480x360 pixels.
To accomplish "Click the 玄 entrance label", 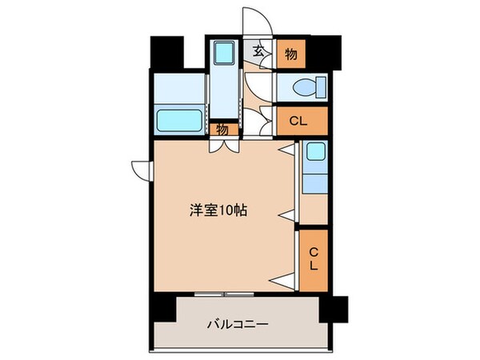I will (x=258, y=51).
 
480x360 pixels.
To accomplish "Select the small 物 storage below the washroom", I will (x=222, y=129).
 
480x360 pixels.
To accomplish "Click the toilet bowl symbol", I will (x=305, y=87).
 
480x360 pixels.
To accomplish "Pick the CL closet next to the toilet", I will (x=302, y=122).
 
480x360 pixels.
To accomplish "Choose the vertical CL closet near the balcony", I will (x=313, y=258).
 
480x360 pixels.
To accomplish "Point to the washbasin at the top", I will (x=222, y=55).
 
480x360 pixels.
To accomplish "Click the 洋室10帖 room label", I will (x=218, y=211).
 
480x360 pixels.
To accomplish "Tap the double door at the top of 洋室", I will (x=223, y=146).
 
